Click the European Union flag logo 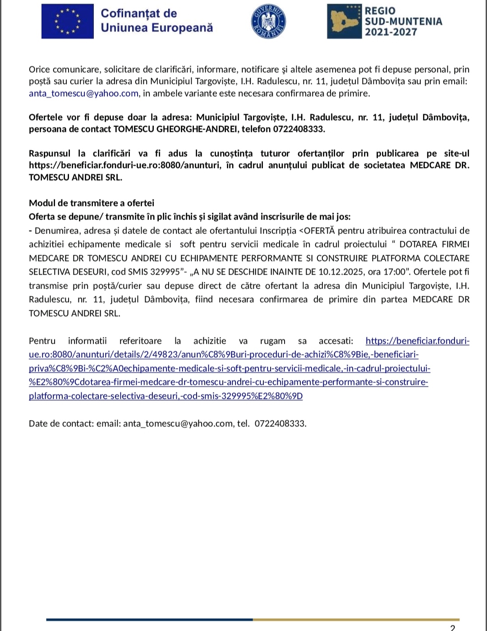coord(68,21)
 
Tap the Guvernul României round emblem coord(268,22)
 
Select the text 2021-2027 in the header coord(391,32)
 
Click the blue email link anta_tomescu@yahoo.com coord(83,93)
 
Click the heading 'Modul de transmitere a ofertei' coord(92,203)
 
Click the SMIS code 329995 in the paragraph coord(165,272)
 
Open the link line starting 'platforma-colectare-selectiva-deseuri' coord(165,396)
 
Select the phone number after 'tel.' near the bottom coord(280,424)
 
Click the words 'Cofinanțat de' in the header coord(139,14)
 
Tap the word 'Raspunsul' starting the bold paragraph coord(50,154)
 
